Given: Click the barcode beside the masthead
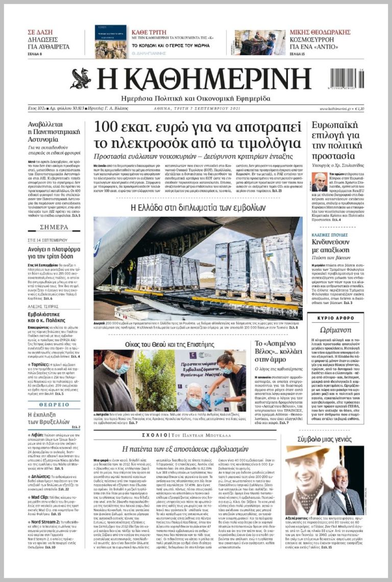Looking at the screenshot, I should click(x=347, y=79).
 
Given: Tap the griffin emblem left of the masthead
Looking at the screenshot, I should click(x=81, y=79).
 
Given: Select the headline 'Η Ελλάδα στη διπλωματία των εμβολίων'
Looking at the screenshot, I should click(x=198, y=207).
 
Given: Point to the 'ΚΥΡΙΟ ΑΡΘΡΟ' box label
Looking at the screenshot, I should click(x=337, y=318).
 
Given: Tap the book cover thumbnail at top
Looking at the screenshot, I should click(x=110, y=42).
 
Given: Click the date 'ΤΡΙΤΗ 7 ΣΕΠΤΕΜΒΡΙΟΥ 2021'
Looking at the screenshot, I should click(x=197, y=109).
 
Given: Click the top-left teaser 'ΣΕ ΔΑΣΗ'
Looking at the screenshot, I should click(x=40, y=32).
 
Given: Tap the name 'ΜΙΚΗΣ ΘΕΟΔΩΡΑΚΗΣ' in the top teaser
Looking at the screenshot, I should click(x=320, y=32).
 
